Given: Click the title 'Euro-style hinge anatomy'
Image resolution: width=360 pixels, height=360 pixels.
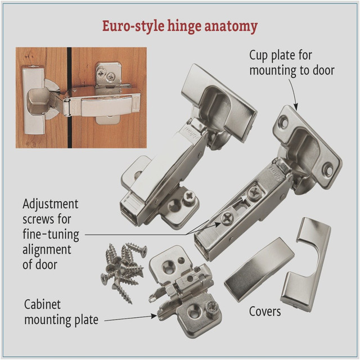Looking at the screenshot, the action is click(x=180, y=26).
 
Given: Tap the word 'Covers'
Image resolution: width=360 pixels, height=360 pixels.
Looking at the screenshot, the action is click(x=265, y=312).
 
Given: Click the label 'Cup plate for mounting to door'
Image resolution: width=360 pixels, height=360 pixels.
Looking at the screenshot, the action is click(x=292, y=62).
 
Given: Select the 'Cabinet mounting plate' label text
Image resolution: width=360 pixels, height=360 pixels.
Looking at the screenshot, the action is click(x=61, y=312).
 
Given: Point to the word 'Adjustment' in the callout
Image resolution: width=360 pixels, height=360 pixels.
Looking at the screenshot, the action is click(x=51, y=204).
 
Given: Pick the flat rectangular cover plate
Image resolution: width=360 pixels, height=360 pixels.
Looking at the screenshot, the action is click(x=259, y=269).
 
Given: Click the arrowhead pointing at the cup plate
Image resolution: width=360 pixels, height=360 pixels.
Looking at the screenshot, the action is click(x=296, y=107).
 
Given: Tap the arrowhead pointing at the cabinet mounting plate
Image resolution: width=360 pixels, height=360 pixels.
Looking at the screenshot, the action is click(x=154, y=316).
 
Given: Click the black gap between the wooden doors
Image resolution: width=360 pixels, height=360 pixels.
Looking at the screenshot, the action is click(x=69, y=97).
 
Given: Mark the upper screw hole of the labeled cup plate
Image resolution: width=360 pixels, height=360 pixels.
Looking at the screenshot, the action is click(x=284, y=123).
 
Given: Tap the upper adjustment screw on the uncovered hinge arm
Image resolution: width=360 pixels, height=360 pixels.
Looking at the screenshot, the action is click(x=255, y=193).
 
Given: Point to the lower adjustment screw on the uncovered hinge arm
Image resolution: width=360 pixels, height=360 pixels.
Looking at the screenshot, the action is click(x=227, y=218).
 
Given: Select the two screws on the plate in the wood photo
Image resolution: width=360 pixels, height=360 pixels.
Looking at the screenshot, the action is click(x=106, y=75).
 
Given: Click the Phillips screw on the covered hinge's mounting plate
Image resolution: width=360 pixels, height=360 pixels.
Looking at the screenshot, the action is click(x=190, y=196).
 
